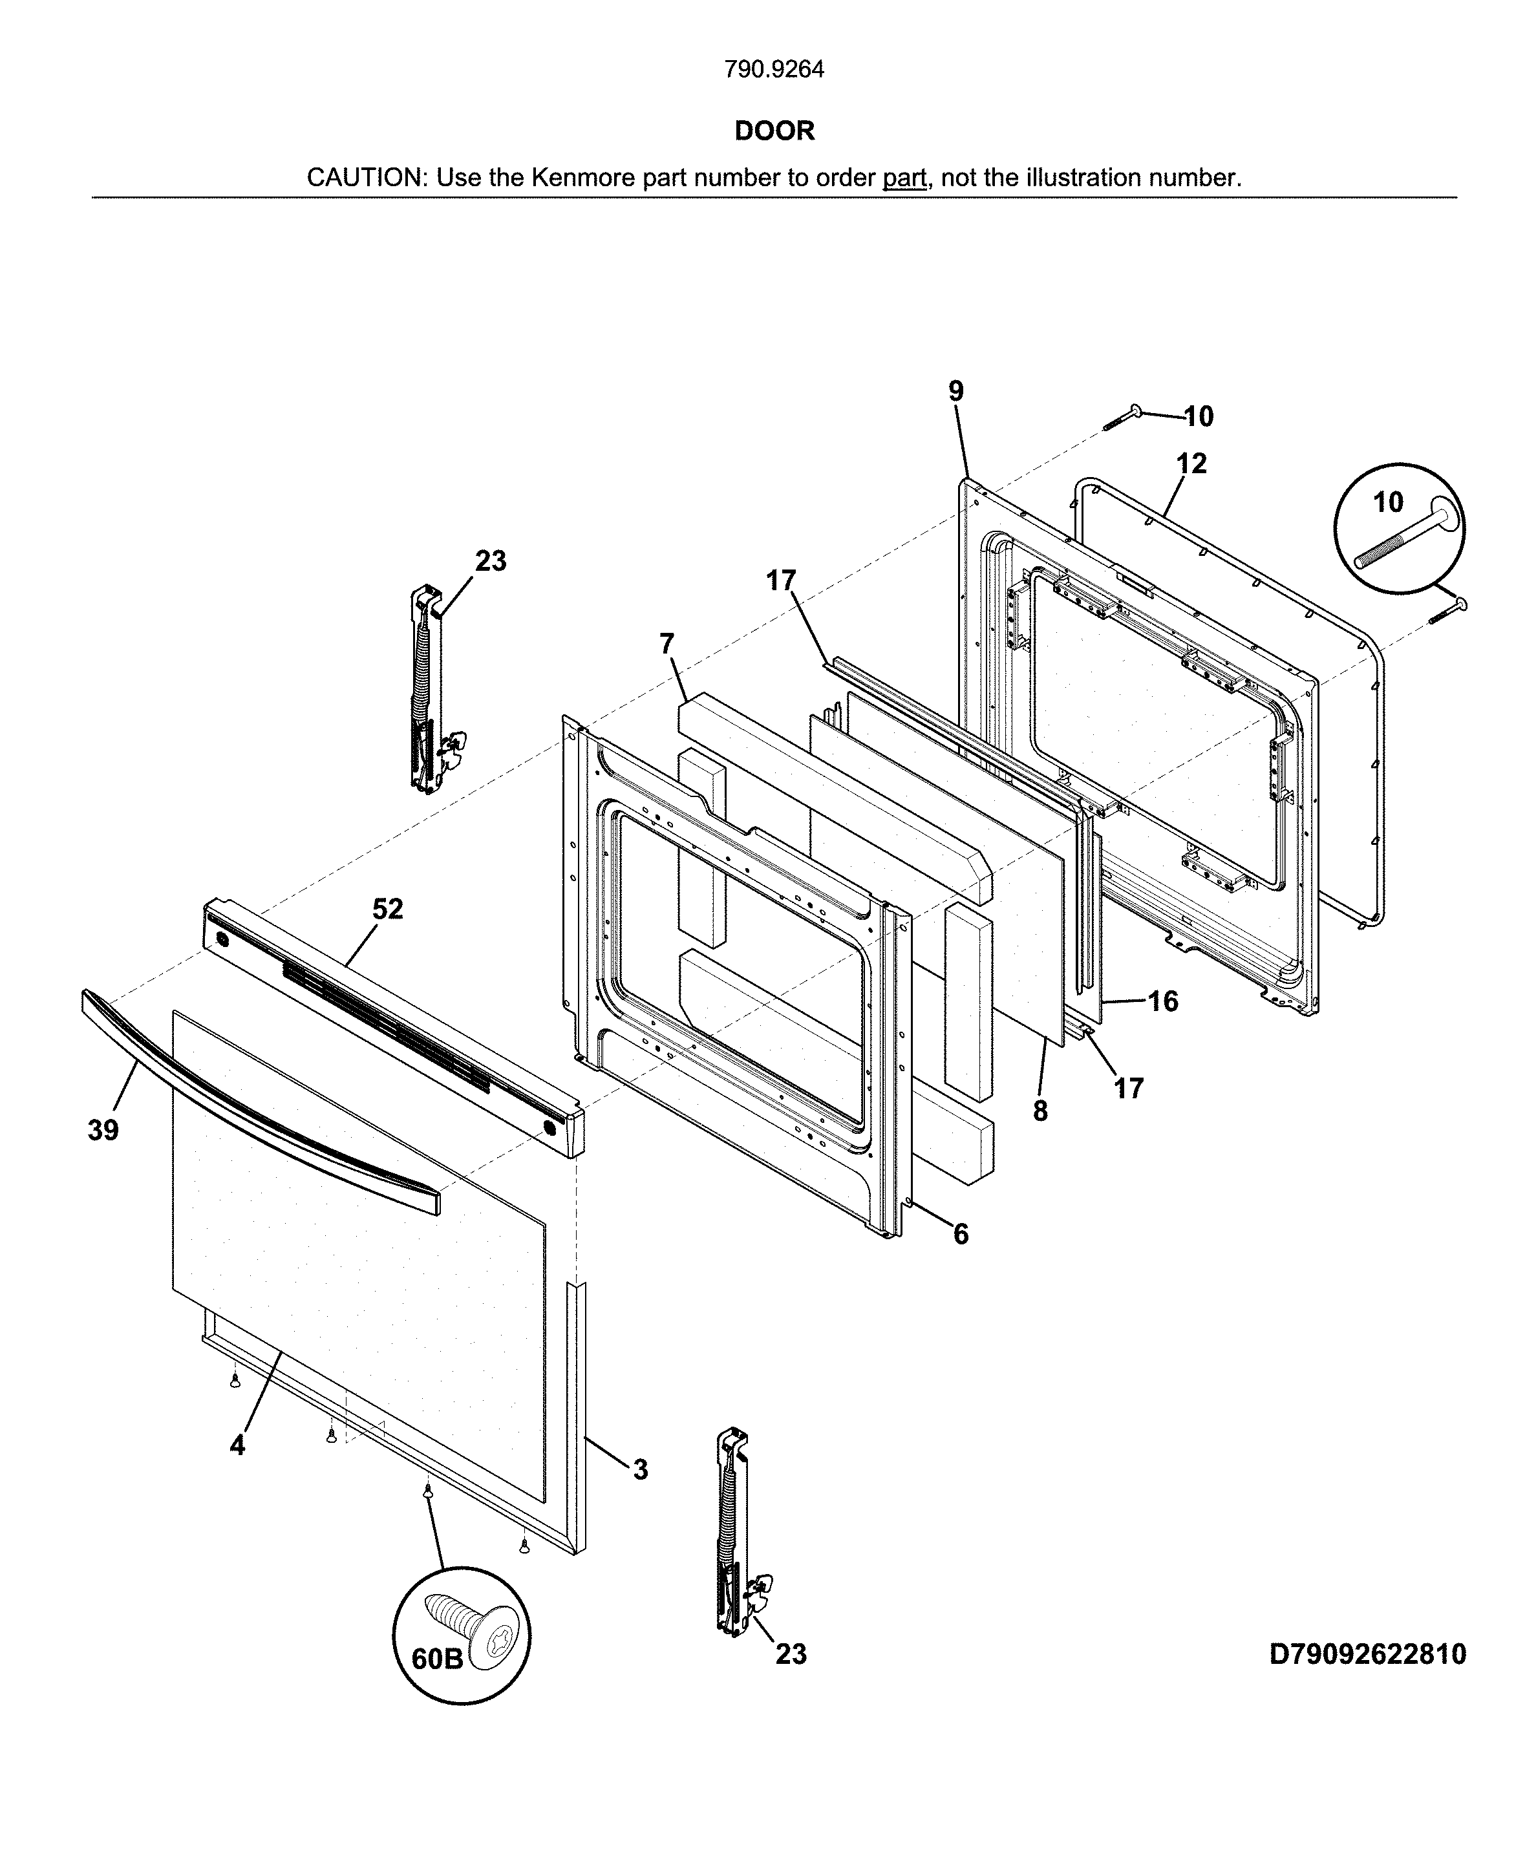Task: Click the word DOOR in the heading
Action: [774, 131]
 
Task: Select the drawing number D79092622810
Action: [1367, 1654]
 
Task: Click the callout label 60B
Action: [437, 1659]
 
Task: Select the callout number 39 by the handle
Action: [103, 1130]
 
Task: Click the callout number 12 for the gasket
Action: [1192, 463]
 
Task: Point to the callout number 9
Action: [955, 391]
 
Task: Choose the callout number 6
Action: [961, 1234]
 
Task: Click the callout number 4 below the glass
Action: [237, 1445]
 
